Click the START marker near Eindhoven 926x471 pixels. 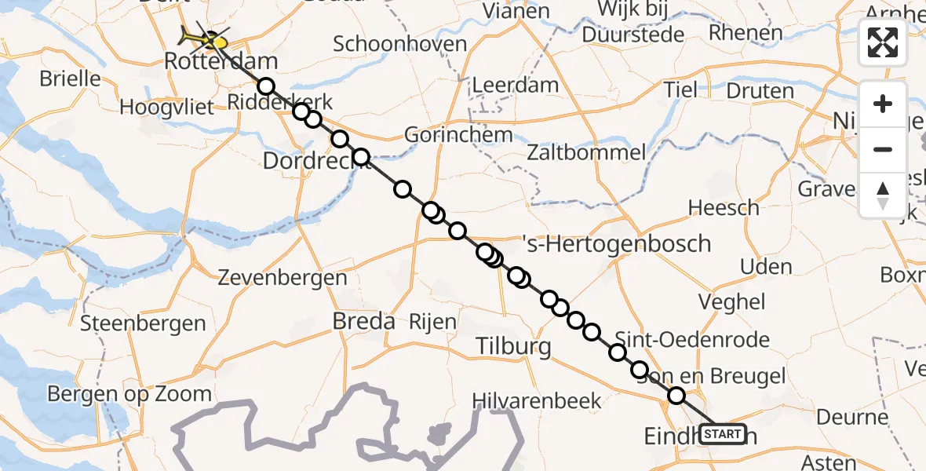[722, 433]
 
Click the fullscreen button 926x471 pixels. [883, 42]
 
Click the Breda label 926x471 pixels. [363, 321]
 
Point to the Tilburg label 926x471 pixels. [515, 346]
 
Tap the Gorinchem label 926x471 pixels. [458, 135]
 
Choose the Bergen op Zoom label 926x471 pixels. [129, 393]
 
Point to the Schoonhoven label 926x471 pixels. [400, 43]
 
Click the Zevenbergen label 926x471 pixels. [283, 277]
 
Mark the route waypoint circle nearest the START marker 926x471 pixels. [676, 396]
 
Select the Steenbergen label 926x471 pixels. [143, 323]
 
